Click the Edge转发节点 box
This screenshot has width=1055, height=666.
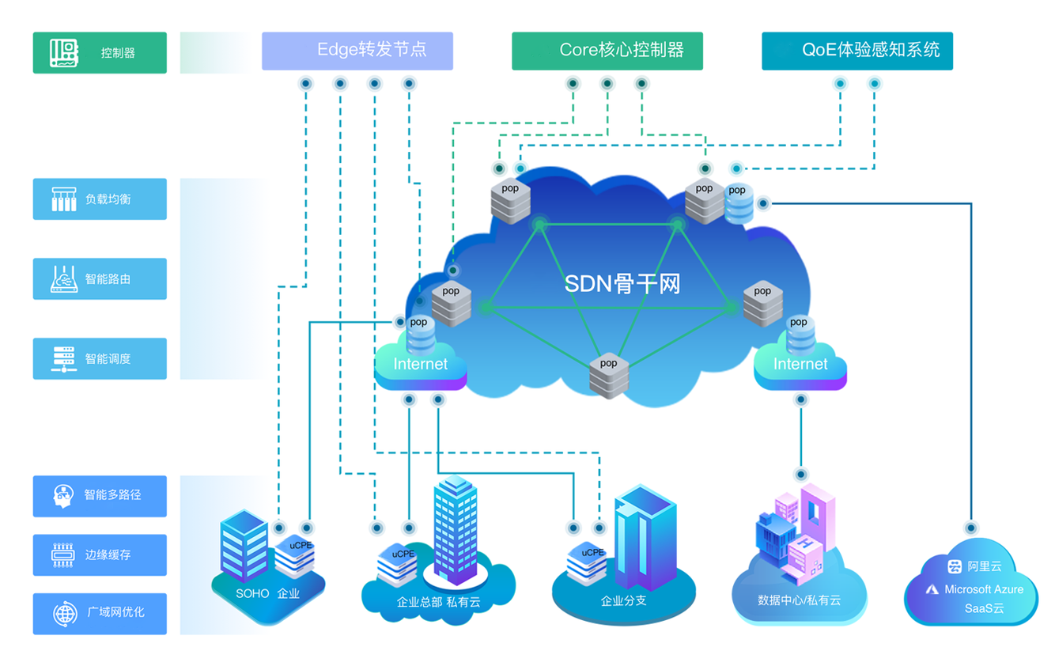click(x=357, y=51)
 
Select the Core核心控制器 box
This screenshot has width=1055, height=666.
click(x=607, y=51)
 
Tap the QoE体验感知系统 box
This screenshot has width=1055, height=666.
click(x=856, y=51)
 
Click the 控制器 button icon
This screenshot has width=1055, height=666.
click(x=63, y=52)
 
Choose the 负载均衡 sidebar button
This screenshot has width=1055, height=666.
click(x=100, y=199)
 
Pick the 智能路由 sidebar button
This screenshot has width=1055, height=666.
click(x=100, y=279)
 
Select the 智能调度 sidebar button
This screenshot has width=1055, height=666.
click(x=100, y=359)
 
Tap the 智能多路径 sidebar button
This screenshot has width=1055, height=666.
click(x=100, y=496)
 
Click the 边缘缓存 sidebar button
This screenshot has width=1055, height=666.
click(x=100, y=555)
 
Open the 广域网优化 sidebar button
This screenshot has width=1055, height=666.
click(x=100, y=613)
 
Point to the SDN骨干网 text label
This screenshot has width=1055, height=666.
click(x=622, y=283)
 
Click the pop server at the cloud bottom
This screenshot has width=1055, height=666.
click(x=609, y=375)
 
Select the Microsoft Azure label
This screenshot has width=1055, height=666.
click(x=983, y=589)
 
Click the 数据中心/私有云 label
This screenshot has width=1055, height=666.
click(x=799, y=600)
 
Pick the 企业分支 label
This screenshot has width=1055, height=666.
click(x=623, y=600)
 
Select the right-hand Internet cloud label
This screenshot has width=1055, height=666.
click(x=800, y=365)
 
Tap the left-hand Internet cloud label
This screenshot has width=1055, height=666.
click(x=421, y=365)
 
